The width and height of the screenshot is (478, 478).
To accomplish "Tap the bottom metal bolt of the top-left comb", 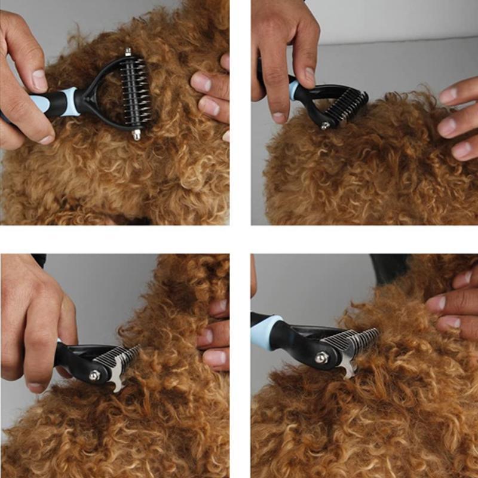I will [x=136, y=134].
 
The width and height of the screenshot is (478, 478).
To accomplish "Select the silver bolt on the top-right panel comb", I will [x=324, y=125].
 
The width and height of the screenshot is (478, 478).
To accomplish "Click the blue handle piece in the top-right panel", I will [x=294, y=90].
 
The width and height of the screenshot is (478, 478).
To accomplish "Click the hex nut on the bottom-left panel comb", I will [x=94, y=375].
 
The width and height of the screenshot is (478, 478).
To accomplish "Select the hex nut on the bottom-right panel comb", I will [x=322, y=357].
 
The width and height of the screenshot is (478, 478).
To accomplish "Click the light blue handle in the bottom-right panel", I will [x=266, y=332].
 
